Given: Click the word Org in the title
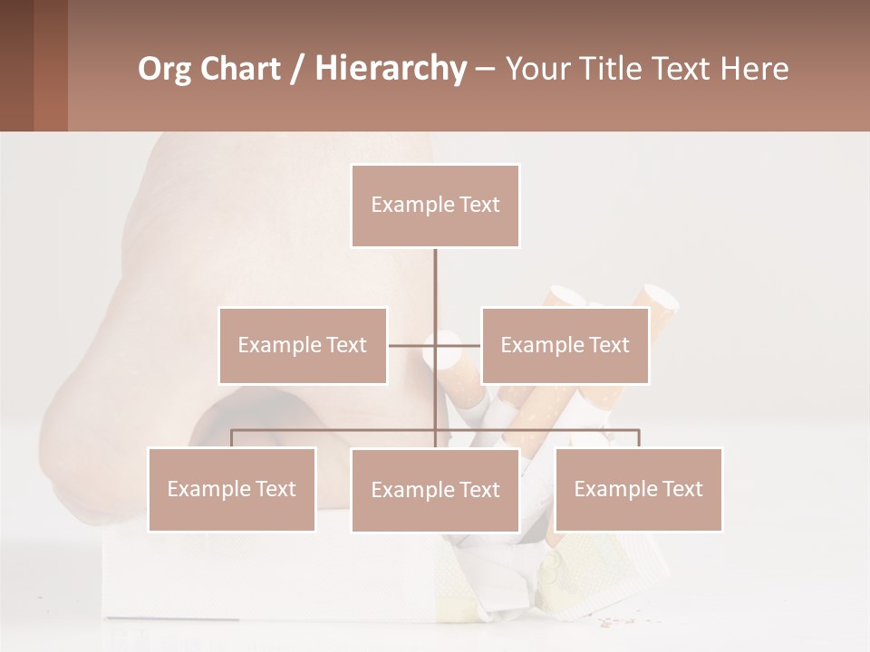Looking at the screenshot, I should click(164, 69).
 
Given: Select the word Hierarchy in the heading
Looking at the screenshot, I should click(391, 69).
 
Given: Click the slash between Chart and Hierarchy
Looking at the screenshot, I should click(298, 69).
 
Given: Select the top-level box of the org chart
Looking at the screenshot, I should click(435, 206).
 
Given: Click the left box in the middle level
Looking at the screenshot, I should click(303, 345).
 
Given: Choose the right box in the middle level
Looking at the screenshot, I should click(565, 345).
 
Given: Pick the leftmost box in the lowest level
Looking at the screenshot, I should click(232, 489).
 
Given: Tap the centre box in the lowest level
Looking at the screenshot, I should click(435, 490).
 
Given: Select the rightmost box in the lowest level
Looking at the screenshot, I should click(639, 489).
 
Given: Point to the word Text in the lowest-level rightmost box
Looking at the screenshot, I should click(682, 489).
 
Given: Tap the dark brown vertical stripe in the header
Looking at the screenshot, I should click(16, 65).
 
